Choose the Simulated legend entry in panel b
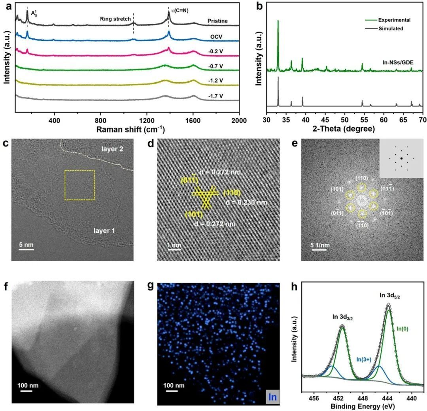(391, 28)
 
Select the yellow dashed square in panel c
(79, 185)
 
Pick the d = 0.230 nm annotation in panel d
(244, 202)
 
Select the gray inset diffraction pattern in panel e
(401, 158)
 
